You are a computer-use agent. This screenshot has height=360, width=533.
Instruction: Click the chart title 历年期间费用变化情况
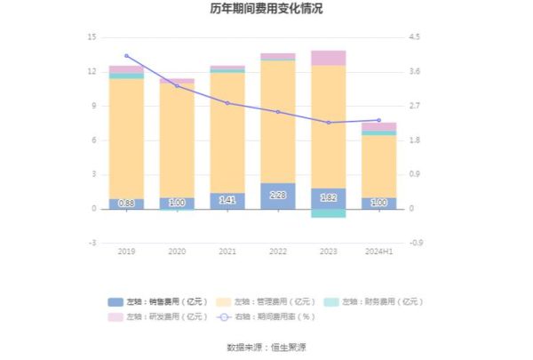click(266, 9)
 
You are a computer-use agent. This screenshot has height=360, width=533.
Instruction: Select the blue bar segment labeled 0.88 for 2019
click(126, 204)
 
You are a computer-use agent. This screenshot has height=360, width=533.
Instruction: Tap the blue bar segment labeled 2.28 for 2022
click(278, 196)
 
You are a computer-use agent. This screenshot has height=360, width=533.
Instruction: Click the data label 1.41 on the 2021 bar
click(227, 201)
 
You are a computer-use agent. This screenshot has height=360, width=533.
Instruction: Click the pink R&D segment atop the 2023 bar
click(329, 58)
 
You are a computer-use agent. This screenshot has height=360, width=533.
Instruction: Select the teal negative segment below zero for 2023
click(329, 213)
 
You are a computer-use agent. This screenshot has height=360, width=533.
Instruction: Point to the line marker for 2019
click(126, 56)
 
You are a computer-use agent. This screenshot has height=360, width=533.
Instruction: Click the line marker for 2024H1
click(378, 120)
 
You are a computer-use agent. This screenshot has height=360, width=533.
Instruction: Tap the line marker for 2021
click(227, 103)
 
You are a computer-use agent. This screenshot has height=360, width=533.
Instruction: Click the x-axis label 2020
click(177, 252)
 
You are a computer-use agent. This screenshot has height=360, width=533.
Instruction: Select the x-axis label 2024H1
click(378, 252)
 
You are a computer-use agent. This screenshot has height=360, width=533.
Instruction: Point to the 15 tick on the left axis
click(91, 37)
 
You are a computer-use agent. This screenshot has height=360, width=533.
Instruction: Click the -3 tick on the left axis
click(91, 243)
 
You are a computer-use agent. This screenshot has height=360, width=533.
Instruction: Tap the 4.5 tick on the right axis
click(414, 37)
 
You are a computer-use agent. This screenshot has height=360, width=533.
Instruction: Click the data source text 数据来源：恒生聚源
click(266, 346)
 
